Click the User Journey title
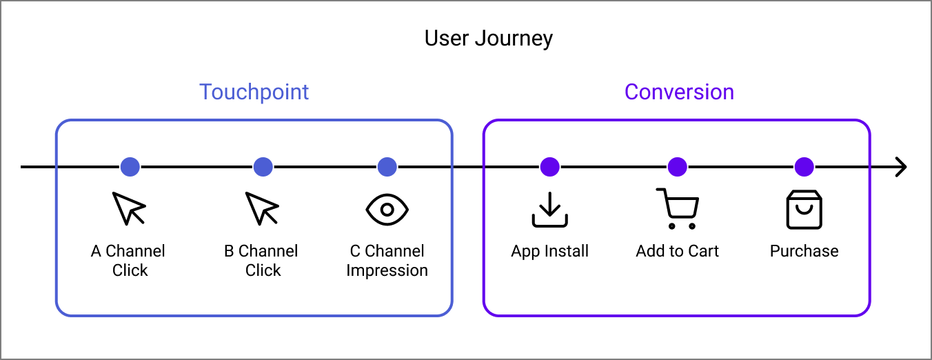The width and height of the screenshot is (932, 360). [x=488, y=38]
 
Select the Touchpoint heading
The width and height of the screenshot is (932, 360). [x=254, y=92]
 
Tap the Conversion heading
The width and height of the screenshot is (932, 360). [x=679, y=92]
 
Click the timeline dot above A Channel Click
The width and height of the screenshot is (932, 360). [x=130, y=167]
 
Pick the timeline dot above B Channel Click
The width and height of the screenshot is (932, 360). [x=263, y=167]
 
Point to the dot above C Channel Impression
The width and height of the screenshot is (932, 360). [x=387, y=167]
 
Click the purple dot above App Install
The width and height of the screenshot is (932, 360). [x=549, y=167]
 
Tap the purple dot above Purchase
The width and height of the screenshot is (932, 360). [x=804, y=167]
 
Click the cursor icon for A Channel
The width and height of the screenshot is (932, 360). [x=129, y=208]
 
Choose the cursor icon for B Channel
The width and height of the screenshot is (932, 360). [x=262, y=208]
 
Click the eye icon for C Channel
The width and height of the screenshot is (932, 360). [x=387, y=209]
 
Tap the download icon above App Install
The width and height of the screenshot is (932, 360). [x=549, y=210]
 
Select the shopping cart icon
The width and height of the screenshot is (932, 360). [x=678, y=208]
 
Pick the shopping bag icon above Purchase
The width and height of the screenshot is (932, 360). [x=804, y=210]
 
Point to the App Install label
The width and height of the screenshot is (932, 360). [x=549, y=251]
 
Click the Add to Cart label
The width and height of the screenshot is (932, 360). [x=677, y=251]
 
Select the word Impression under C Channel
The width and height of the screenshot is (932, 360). [x=387, y=270]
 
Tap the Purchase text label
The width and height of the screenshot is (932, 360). [x=804, y=251]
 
